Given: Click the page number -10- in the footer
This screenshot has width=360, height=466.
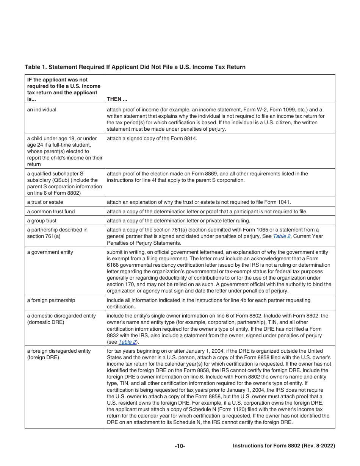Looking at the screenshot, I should click(x=180, y=446).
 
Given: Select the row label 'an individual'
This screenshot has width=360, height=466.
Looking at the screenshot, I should click(x=42, y=110).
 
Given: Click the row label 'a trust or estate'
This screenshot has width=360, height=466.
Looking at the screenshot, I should click(x=45, y=202).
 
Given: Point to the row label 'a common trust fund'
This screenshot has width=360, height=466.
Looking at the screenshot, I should click(x=51, y=211).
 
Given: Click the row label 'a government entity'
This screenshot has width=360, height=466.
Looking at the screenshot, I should click(x=50, y=252).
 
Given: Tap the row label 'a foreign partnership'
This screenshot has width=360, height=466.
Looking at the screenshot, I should click(x=51, y=300).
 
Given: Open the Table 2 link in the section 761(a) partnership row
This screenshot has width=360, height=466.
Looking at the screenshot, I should click(x=280, y=236).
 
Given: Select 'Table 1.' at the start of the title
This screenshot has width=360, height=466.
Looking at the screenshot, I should click(x=36, y=67).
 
